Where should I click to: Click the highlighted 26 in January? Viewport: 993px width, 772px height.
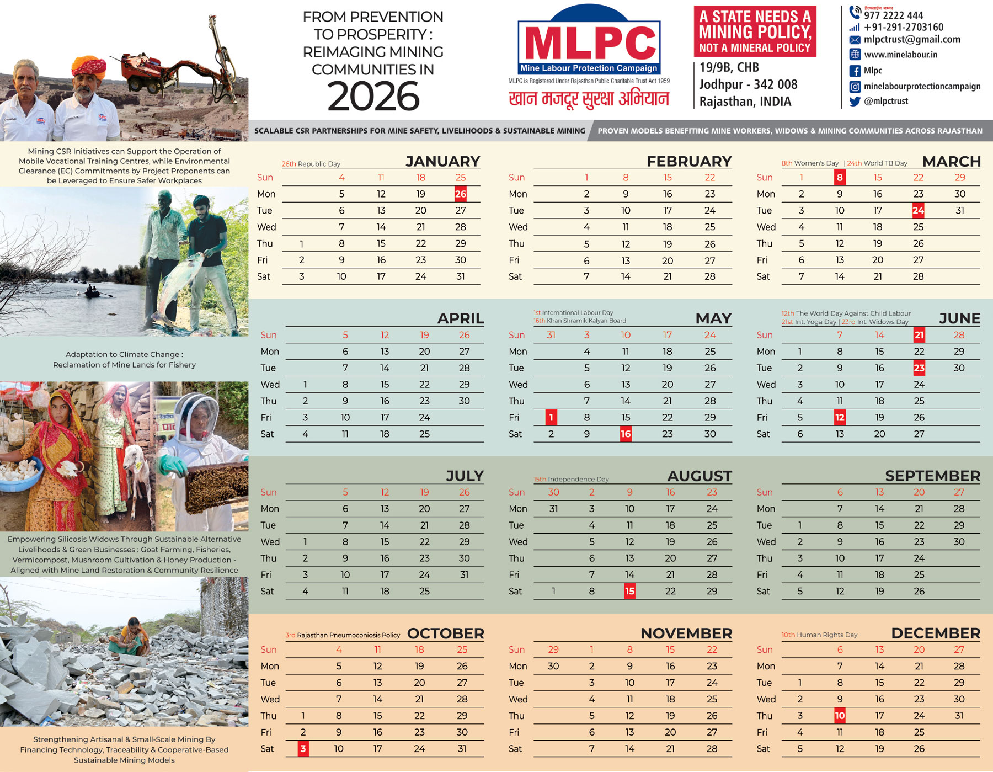pos(460,194)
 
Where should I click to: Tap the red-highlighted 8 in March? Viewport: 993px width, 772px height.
pos(839,177)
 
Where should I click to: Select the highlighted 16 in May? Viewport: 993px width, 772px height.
pos(626,434)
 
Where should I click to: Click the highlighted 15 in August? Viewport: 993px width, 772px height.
pos(629,591)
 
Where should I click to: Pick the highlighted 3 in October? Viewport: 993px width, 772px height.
pos(303,748)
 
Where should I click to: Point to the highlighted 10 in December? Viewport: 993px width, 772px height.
pos(839,716)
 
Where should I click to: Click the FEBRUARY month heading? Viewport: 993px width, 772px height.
pos(689,161)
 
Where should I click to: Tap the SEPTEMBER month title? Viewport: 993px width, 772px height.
pos(932,476)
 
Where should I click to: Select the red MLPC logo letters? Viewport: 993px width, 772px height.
pos(589,43)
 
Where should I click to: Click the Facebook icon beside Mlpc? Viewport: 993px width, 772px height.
pos(855,71)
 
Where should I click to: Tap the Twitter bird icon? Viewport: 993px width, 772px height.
pos(855,101)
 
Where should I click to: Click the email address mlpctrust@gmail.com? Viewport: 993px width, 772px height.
pos(912,39)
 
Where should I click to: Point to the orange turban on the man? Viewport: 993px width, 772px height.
pos(89,66)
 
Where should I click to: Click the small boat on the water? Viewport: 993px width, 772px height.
pos(93,292)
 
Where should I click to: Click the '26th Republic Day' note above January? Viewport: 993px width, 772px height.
pos(311,164)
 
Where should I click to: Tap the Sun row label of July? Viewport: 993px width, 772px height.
pos(269,492)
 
